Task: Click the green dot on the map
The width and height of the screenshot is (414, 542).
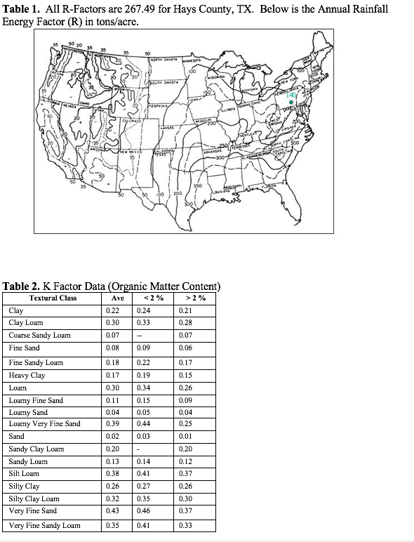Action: (291, 102)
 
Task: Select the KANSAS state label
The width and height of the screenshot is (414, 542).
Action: (167, 130)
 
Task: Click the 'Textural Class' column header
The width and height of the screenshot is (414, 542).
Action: (53, 298)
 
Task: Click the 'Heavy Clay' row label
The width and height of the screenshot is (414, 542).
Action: (25, 375)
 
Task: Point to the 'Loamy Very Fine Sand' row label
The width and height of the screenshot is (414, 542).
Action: (45, 423)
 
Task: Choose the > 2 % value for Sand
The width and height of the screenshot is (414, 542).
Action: (186, 436)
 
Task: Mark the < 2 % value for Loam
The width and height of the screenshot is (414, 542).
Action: (144, 388)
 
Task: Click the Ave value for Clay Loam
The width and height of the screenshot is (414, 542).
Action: (112, 322)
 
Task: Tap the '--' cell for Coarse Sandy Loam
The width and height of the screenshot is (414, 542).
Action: (141, 336)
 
